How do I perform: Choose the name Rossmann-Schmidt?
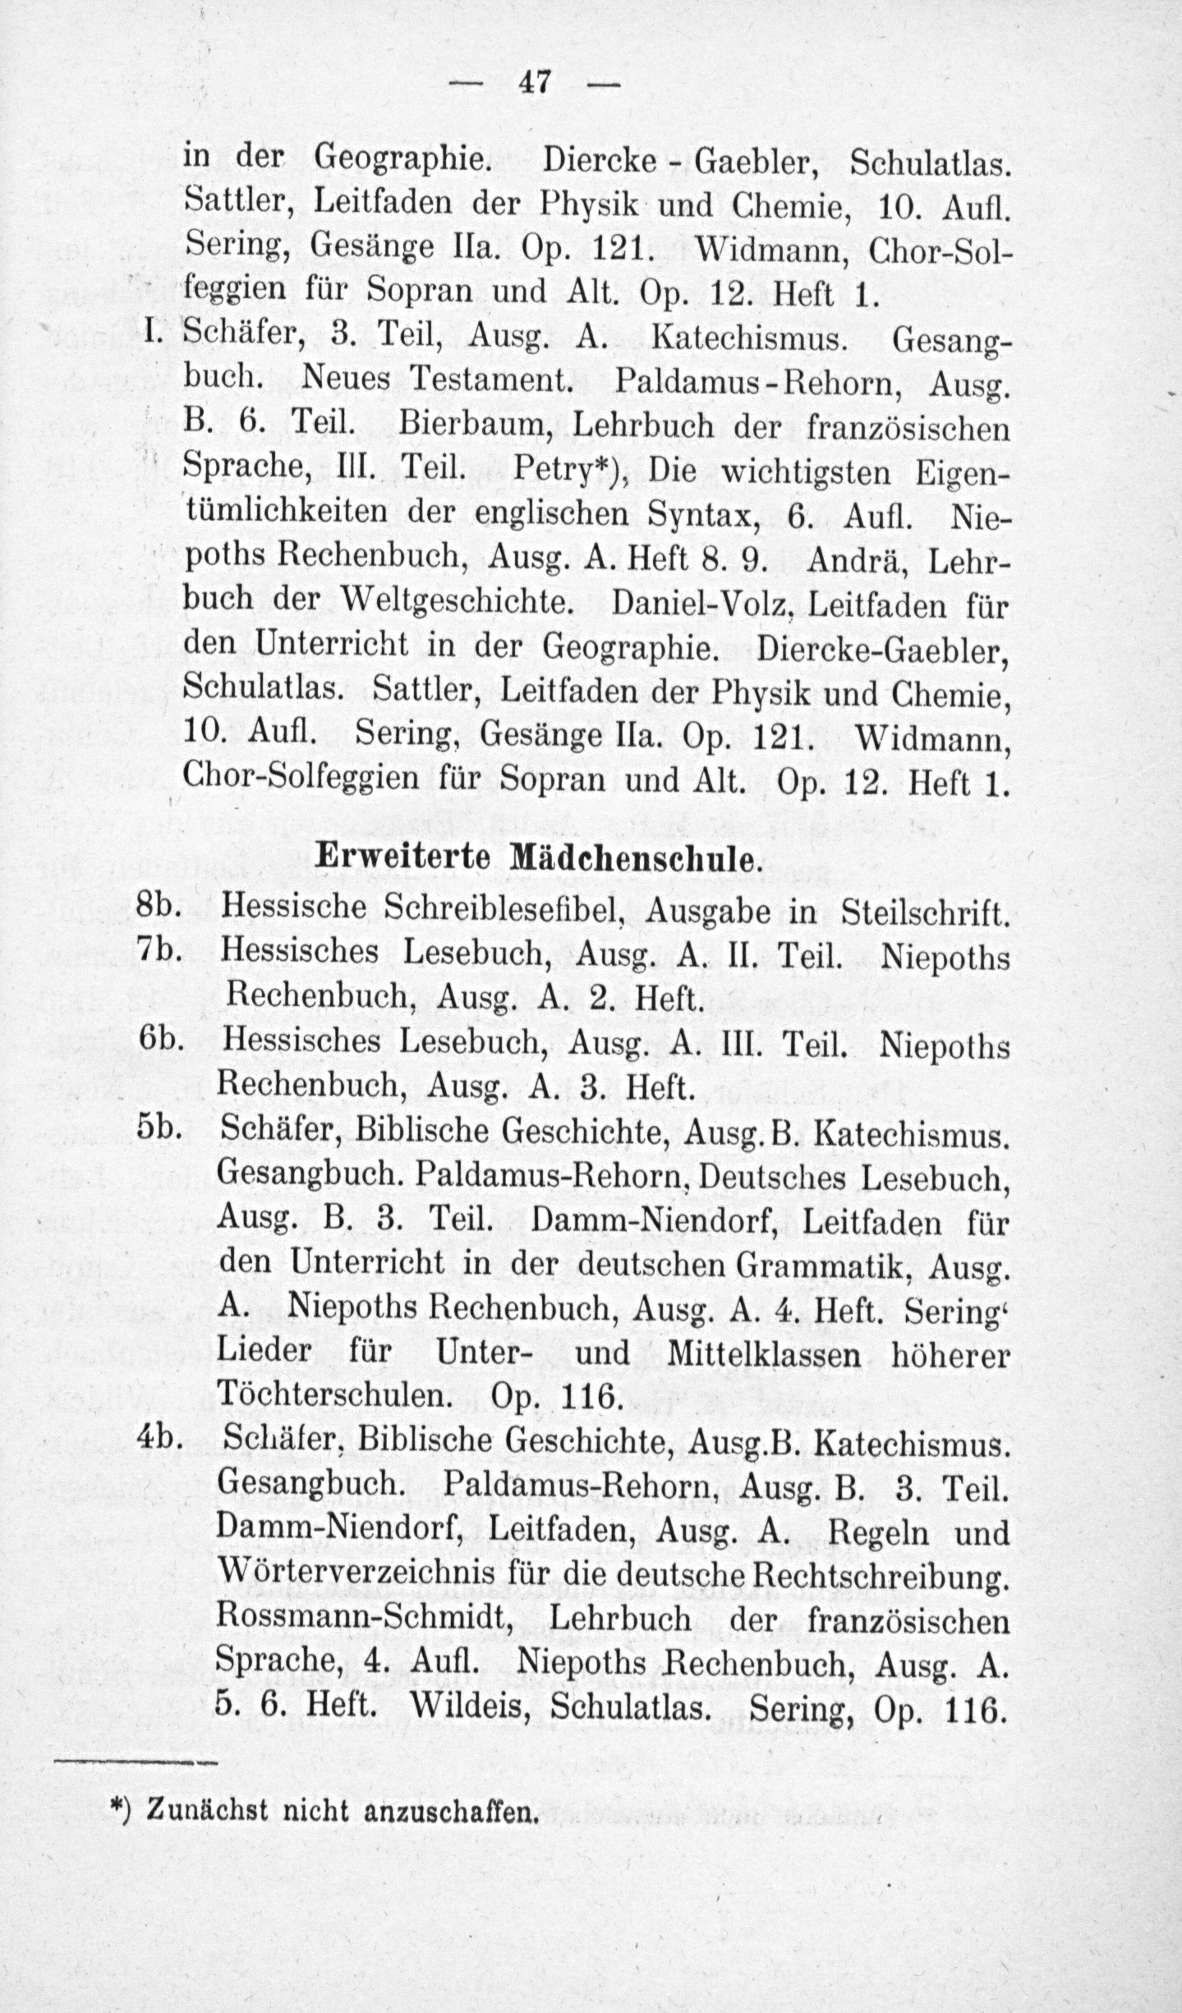(x=369, y=1618)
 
